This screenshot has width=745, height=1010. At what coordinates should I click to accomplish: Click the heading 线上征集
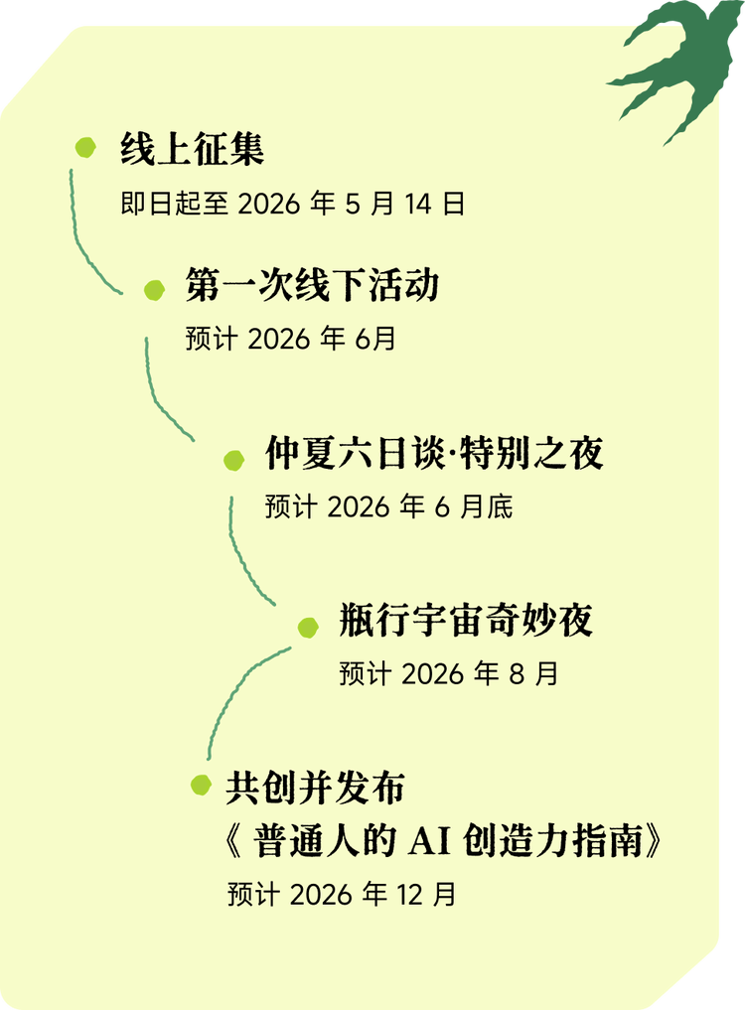click(x=192, y=149)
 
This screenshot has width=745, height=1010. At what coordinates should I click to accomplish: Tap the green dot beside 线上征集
click(x=85, y=147)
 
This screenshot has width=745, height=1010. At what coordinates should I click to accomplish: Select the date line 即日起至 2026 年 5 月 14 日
click(x=293, y=204)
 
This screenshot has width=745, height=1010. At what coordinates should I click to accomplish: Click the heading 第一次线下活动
click(x=313, y=285)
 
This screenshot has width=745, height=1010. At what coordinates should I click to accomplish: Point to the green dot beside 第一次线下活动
click(x=155, y=290)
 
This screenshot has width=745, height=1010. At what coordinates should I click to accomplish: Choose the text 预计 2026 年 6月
click(x=291, y=339)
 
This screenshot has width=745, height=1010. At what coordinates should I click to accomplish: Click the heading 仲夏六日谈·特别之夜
click(x=434, y=453)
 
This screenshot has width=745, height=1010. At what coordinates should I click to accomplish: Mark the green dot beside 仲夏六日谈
click(x=234, y=460)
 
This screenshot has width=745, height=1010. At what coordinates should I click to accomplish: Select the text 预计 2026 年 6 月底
click(x=389, y=506)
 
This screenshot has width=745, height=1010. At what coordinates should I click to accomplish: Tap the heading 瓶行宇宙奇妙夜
click(x=466, y=620)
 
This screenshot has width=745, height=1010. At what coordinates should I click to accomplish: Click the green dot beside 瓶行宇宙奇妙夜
click(x=309, y=627)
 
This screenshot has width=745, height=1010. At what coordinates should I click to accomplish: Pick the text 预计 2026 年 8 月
click(x=449, y=673)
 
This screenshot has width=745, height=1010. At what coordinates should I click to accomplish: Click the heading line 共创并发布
click(x=315, y=788)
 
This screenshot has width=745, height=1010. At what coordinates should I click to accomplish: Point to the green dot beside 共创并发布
click(x=201, y=785)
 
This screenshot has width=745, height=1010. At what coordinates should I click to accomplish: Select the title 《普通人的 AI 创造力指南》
click(x=444, y=841)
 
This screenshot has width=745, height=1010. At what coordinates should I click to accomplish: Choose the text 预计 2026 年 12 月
click(x=343, y=895)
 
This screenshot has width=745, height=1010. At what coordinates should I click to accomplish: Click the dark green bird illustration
click(x=675, y=68)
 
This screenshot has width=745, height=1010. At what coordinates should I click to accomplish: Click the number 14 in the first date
click(x=417, y=205)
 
